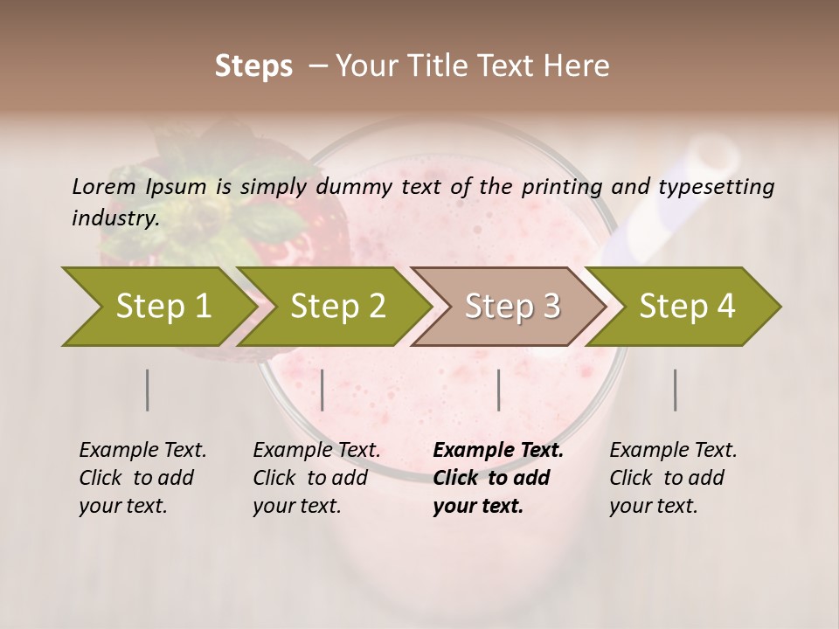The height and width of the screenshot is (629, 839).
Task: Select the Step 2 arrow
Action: pyautogui.click(x=336, y=307)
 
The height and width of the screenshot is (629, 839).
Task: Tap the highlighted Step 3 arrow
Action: pyautogui.click(x=511, y=307)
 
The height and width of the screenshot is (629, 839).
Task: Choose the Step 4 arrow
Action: pyautogui.click(x=687, y=307)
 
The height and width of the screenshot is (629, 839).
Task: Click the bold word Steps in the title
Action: pyautogui.click(x=253, y=66)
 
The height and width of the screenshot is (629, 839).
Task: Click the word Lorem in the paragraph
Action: pyautogui.click(x=103, y=187)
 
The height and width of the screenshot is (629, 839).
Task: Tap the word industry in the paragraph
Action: pyautogui.click(x=114, y=218)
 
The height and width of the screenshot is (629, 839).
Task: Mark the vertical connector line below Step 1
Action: pyautogui.click(x=148, y=390)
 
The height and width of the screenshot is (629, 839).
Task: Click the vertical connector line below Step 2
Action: pyautogui.click(x=322, y=390)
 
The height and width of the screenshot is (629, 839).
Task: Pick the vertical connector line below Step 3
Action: pyautogui.click(x=498, y=390)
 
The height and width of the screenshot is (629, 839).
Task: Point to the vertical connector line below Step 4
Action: pyautogui.click(x=675, y=390)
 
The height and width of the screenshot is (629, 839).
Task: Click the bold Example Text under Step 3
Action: pyautogui.click(x=498, y=451)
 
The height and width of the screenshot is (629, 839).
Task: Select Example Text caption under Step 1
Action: pyautogui.click(x=142, y=451)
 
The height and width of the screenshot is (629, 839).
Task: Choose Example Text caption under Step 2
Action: pyautogui.click(x=316, y=451)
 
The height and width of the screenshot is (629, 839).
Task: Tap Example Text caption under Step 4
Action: pyautogui.click(x=673, y=451)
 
